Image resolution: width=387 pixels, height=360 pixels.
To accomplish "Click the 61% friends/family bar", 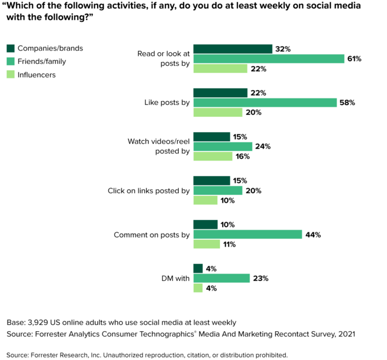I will coord(269,58).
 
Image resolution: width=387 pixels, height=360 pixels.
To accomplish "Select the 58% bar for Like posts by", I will coord(265,103).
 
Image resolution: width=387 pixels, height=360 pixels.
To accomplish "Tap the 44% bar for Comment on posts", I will coord(248,234).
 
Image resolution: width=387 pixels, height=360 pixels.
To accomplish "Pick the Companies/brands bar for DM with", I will coord(198,269).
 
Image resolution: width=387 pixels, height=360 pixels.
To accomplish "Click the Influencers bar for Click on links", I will coord(205,200).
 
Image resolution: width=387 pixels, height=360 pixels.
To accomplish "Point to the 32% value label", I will coord(283,49).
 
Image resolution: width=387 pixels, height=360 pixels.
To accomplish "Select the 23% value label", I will coord(261,279).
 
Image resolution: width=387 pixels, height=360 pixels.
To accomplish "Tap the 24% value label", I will coord(263,147).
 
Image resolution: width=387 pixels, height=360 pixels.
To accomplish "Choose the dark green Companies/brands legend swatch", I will coord(11,49).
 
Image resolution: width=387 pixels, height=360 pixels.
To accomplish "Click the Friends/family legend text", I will coord(42,62).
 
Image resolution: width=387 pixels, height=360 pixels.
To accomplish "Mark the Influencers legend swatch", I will coord(11,75).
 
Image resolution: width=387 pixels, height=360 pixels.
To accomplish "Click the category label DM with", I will coord(176,279).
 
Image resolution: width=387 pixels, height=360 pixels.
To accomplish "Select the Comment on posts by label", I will coord(151,234).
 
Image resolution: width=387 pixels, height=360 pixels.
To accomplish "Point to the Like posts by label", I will coord(167,103).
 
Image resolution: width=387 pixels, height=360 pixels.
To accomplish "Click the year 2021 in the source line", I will coord(347,334).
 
